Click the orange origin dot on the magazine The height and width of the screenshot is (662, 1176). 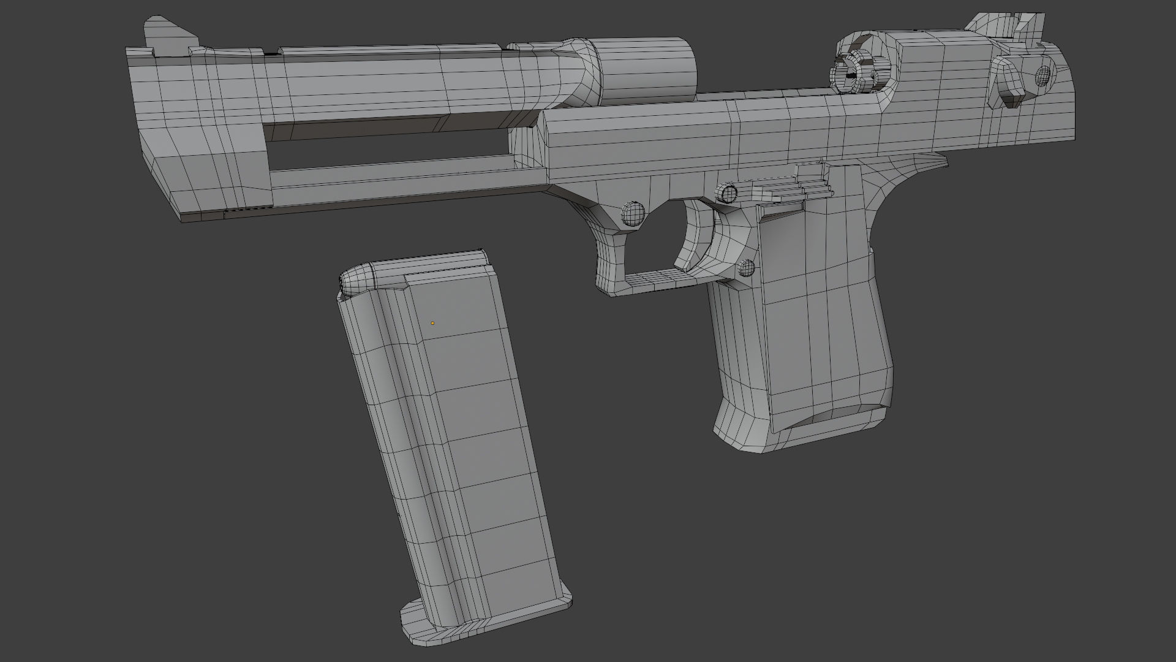(x=432, y=323)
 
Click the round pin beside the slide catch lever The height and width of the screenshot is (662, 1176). (x=728, y=192)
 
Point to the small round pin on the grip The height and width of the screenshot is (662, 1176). (x=745, y=267)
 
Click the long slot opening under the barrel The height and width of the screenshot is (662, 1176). (x=392, y=153)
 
